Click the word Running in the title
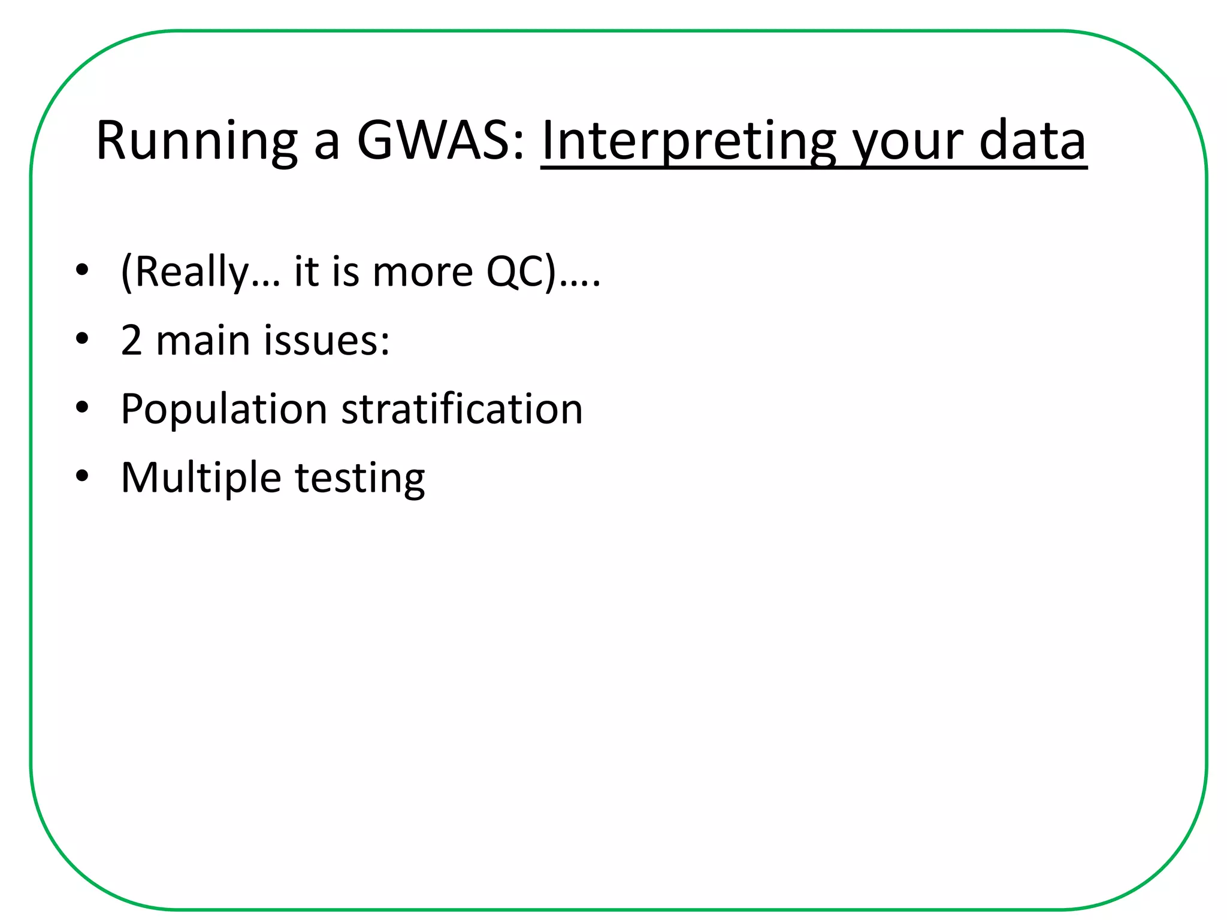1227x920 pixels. [197, 142]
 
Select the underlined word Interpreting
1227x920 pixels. [688, 142]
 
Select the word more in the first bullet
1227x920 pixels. [422, 272]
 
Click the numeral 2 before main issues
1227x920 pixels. [131, 340]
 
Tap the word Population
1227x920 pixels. [223, 410]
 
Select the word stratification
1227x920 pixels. [462, 408]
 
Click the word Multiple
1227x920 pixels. [201, 478]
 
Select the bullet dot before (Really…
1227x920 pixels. [82, 270]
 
